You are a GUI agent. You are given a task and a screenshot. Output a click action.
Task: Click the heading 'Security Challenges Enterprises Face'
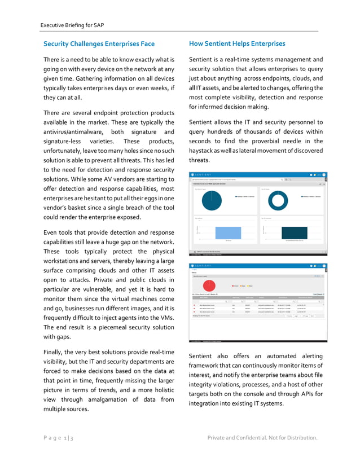[99, 43]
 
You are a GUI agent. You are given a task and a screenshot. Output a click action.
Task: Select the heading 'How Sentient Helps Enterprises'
[237, 43]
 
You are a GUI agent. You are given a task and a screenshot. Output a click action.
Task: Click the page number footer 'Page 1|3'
[59, 438]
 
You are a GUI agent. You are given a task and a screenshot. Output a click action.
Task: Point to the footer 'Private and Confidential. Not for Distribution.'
[262, 438]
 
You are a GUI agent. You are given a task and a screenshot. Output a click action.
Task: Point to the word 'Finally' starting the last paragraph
[56, 352]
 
